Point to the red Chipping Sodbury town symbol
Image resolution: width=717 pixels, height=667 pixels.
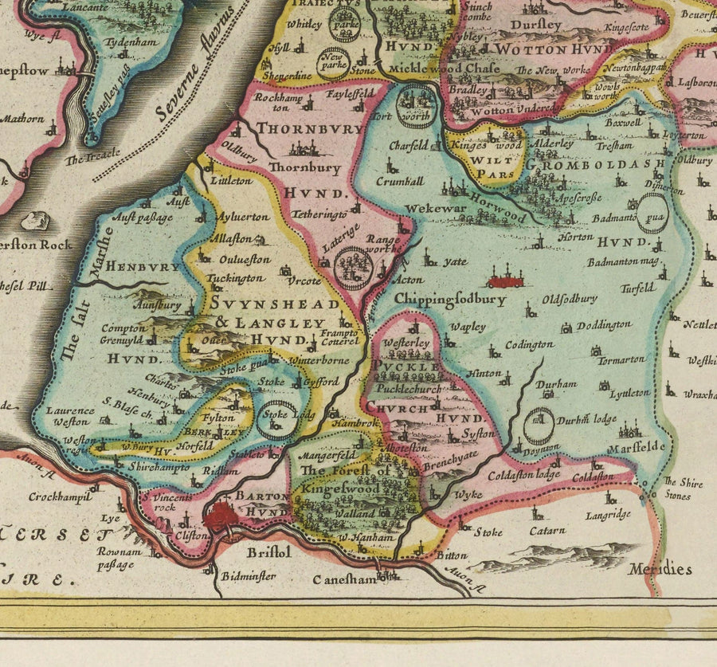pyautogui.click(x=505, y=281)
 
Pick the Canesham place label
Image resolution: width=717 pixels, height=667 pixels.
pyautogui.click(x=344, y=579)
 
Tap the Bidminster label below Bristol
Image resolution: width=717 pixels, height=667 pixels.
pyautogui.click(x=249, y=575)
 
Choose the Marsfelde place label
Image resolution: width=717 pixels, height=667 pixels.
pyautogui.click(x=636, y=448)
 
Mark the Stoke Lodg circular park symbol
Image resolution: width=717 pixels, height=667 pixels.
pyautogui.click(x=276, y=420)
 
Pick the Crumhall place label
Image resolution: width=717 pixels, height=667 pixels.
pyautogui.click(x=400, y=181)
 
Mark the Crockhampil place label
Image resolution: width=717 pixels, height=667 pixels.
pyautogui.click(x=58, y=496)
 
